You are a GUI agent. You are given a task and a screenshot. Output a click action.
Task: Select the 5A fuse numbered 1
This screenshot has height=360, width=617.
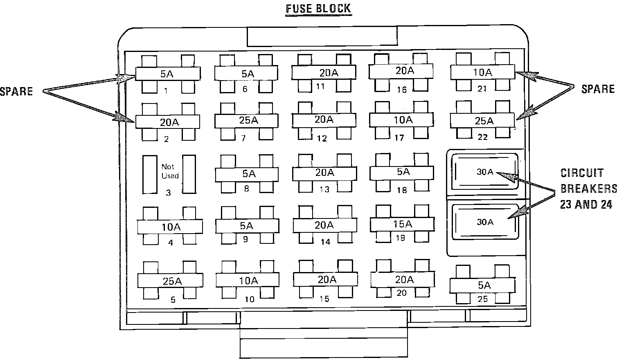coord(168,74)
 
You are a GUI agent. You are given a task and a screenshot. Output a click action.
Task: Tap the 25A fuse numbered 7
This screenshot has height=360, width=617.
coord(246,121)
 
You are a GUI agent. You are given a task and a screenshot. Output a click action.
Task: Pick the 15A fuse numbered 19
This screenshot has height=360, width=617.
coord(402,224)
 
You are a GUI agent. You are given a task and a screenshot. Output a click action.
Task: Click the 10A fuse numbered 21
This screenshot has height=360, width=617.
coord(482,72)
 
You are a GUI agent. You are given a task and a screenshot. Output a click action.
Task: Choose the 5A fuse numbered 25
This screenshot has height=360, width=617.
coord(482,286)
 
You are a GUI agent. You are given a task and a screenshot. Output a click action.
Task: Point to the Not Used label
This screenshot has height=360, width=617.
coord(169,171)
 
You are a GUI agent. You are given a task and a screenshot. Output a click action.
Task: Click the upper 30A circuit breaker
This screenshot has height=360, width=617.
coord(484,172)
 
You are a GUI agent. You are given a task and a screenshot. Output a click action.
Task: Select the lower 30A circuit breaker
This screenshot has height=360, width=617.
coord(484,222)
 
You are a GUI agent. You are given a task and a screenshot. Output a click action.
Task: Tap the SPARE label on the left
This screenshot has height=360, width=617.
coord(16,91)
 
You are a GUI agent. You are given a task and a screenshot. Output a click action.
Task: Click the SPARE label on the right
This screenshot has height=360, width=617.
coord(598,89)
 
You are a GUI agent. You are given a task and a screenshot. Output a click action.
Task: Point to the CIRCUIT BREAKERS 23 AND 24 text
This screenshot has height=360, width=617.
coord(588,189)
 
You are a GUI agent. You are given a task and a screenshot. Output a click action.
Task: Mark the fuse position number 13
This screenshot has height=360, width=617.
coord(324,189)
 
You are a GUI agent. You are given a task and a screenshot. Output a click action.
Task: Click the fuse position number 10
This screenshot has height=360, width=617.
coord(250,299)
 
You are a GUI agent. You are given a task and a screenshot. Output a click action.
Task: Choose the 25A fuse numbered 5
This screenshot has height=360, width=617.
coord(170,281)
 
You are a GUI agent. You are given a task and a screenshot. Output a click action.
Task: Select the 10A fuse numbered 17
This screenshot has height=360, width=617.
coord(402,120)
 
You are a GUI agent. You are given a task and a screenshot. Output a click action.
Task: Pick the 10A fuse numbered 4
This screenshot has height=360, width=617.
coord(170,227)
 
